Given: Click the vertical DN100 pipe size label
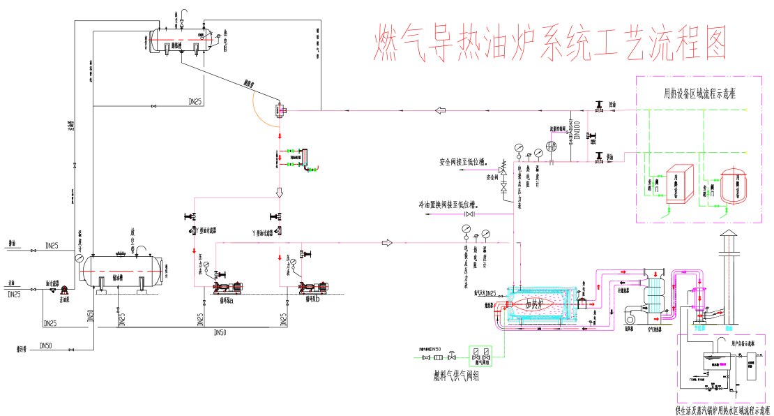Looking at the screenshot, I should [575, 128].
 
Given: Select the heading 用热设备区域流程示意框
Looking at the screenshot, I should [704, 93].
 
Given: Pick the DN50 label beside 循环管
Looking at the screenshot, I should [46, 346].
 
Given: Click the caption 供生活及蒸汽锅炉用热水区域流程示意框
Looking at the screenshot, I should [723, 410].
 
